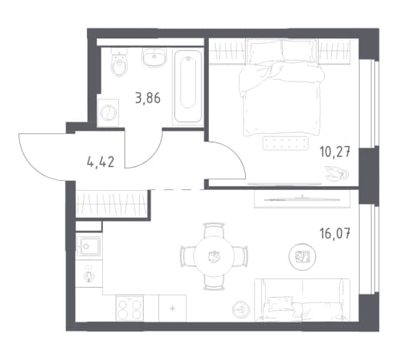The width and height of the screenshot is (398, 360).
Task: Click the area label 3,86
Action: [x=148, y=98]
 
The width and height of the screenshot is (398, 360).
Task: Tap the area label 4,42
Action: [x=101, y=162]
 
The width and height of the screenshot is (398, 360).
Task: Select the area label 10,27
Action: [x=335, y=152]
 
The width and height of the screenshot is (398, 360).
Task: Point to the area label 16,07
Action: [x=335, y=234]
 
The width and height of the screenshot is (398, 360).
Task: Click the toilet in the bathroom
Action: [x=119, y=63]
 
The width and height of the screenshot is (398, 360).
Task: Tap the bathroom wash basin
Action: [x=154, y=57]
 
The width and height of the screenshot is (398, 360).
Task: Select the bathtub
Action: [x=188, y=86]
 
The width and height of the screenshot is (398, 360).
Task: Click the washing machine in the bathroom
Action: [x=108, y=113]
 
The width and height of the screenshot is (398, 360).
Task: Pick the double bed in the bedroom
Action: [x=282, y=87]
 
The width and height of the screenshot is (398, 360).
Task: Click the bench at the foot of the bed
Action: [x=285, y=143]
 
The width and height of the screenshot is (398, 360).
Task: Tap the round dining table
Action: [x=214, y=256]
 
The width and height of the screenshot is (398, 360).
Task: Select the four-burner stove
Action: [x=130, y=308]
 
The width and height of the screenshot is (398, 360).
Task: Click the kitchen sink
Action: [x=89, y=246]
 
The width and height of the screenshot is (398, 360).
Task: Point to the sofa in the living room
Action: [x=302, y=299]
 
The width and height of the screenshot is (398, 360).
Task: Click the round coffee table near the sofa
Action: [x=302, y=256]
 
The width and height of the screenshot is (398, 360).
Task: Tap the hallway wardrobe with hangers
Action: [x=112, y=204]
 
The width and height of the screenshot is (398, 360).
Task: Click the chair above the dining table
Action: [x=214, y=229]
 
